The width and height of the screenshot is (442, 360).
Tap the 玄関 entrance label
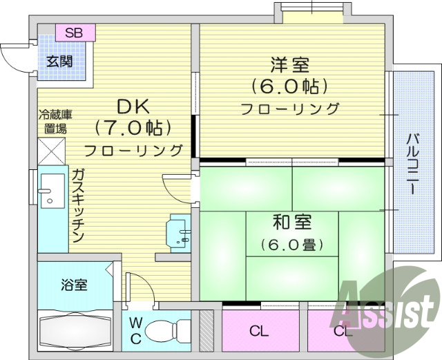tap(59, 60)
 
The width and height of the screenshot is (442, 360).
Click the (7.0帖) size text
tap(132, 128)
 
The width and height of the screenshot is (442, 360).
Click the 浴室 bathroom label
tap(73, 284)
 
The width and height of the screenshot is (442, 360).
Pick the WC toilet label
tap(135, 330)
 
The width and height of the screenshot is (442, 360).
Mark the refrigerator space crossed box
tap(51, 150)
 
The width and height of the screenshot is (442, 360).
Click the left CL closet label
tap(258, 331)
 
